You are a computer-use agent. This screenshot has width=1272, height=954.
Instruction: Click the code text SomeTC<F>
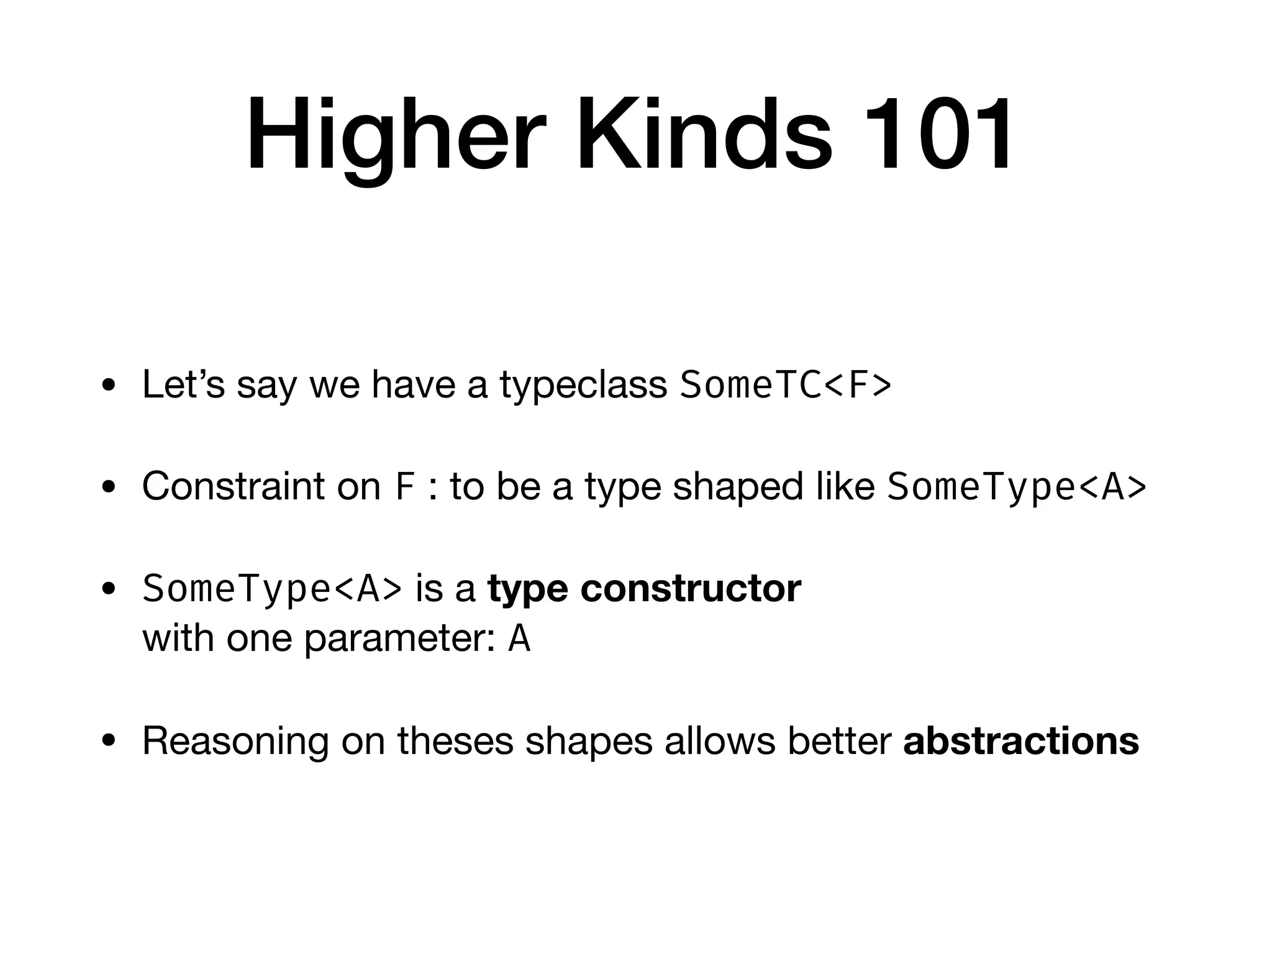[x=786, y=385]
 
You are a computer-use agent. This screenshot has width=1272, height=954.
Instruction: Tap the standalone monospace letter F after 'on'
[x=404, y=487]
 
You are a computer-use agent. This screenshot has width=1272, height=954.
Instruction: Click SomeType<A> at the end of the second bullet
[x=1017, y=487]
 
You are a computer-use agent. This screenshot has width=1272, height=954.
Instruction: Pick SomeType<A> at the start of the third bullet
[x=272, y=588]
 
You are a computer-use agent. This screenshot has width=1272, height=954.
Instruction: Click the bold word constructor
[x=691, y=588]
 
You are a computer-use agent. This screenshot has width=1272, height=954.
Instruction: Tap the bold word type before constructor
[x=527, y=589]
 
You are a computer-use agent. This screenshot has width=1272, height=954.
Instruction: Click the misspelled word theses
[x=455, y=740]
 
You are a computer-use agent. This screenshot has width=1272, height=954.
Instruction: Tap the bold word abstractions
[x=1021, y=740]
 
